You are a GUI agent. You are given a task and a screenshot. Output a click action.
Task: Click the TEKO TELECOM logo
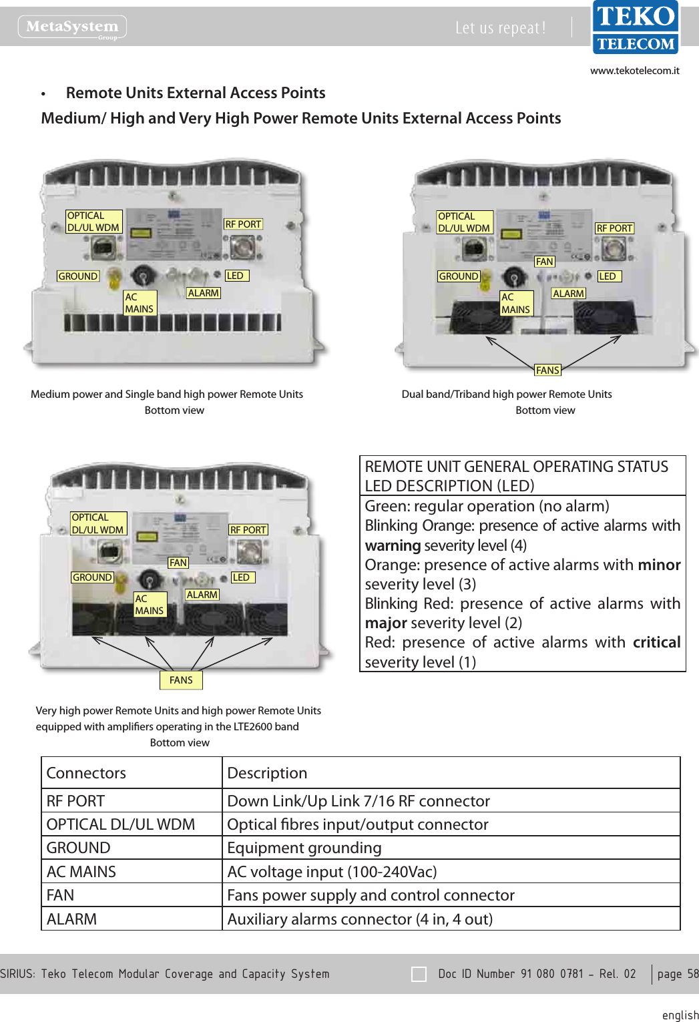point(636,27)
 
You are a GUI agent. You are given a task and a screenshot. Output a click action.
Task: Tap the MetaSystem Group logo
point(72,27)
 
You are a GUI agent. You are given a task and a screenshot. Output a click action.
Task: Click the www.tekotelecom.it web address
point(634,71)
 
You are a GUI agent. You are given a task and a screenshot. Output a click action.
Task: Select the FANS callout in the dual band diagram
point(547,370)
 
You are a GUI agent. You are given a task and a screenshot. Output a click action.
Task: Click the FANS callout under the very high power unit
point(181,680)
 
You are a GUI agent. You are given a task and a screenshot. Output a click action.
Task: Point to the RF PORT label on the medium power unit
point(243,224)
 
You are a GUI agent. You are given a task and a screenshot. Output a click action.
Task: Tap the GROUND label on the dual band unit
point(459,276)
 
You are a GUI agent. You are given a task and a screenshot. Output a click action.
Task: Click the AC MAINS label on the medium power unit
point(140,303)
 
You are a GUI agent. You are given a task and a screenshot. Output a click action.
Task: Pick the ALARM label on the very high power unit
point(202,595)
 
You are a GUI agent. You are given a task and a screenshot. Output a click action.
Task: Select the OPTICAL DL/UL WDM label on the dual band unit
point(464,222)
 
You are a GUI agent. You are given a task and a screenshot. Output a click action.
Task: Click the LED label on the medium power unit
point(236,276)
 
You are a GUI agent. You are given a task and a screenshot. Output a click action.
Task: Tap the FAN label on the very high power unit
point(178,563)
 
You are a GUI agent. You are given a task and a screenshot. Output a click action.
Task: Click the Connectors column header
point(86,773)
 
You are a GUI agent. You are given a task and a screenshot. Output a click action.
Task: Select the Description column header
point(267,773)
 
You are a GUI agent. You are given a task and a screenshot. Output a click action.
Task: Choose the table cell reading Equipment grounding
point(304,848)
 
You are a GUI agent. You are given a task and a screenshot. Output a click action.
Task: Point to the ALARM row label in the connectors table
point(71,919)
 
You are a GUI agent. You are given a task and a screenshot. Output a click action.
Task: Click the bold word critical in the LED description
point(656,642)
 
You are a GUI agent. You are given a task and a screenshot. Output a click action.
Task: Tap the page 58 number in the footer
point(677,974)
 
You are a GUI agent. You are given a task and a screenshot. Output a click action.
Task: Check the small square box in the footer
point(419,975)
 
